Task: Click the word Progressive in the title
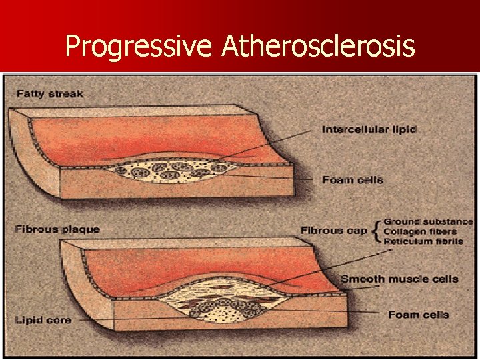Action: click(139, 46)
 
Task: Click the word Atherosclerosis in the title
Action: click(319, 46)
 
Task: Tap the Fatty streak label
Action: click(49, 93)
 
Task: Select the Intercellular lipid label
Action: click(369, 129)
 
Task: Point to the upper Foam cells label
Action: click(353, 179)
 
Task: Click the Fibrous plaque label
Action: click(57, 229)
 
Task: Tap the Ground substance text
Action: click(428, 221)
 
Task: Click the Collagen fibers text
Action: click(420, 231)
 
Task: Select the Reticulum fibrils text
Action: click(423, 241)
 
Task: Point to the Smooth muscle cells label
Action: click(399, 278)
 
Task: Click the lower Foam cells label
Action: click(419, 315)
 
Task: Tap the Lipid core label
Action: click(43, 320)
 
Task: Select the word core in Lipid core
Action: click(59, 320)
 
